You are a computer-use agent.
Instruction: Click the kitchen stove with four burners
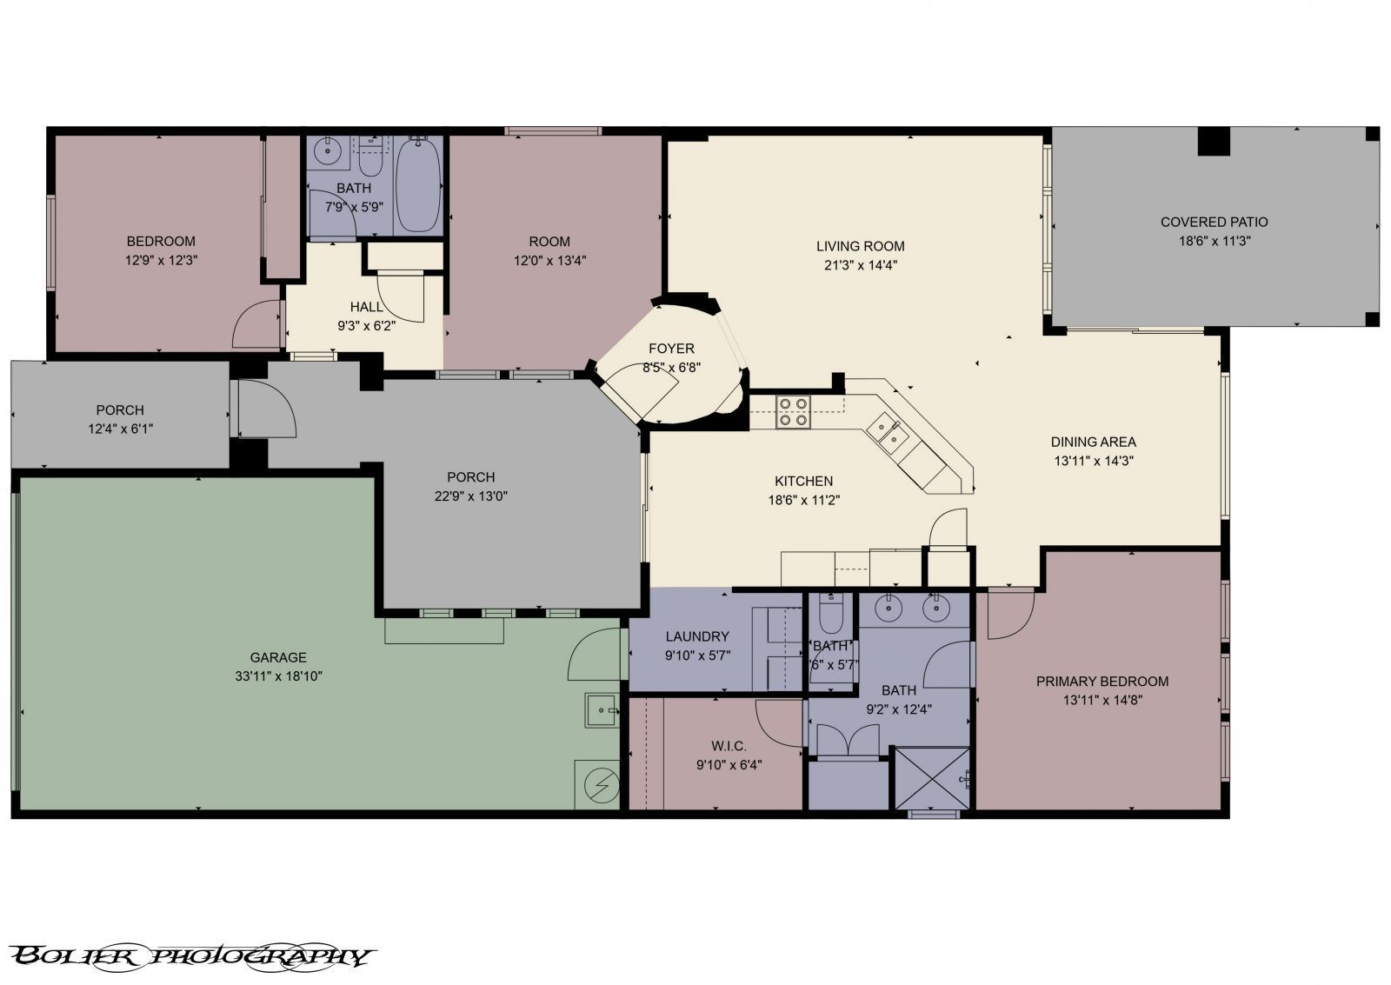[793, 412]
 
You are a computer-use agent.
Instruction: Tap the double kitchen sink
[888, 434]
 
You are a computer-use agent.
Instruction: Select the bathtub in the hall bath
[418, 186]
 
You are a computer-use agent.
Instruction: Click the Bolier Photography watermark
[191, 957]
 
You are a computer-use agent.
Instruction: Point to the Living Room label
[860, 247]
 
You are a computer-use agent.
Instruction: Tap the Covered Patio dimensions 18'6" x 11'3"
[1214, 241]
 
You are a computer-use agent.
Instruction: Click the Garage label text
[278, 657]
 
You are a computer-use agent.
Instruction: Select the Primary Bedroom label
[1102, 682]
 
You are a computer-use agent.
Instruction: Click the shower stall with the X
[932, 778]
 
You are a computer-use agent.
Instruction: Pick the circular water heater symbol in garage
[602, 785]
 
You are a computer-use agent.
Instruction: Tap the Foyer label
[671, 349]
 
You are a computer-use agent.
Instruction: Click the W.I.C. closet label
[729, 746]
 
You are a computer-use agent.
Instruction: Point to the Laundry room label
[697, 636]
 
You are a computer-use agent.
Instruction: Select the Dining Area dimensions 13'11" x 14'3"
[1094, 461]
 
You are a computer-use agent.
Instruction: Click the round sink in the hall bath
[324, 149]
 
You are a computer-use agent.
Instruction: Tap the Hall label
[366, 307]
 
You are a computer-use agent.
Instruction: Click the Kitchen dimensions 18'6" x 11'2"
[803, 500]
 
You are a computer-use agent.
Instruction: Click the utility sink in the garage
[602, 710]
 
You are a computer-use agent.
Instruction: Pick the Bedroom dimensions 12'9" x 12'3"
[162, 260]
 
